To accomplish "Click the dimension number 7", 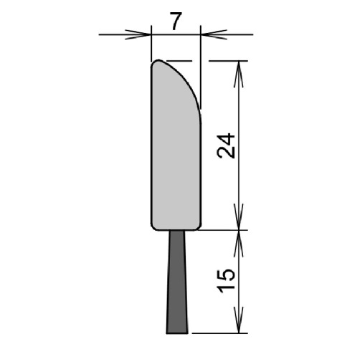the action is coord(176,21).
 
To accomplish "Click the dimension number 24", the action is coord(226,146).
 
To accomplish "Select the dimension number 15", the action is coord(226,281).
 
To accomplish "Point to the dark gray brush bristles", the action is coord(177,282).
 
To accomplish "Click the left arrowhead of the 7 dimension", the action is coord(138,34).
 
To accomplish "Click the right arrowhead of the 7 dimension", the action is coord(214,34).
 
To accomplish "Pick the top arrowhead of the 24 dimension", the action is coord(239,74).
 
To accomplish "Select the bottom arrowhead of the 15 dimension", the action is coord(239,320).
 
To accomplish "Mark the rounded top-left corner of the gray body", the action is coord(154,62).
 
